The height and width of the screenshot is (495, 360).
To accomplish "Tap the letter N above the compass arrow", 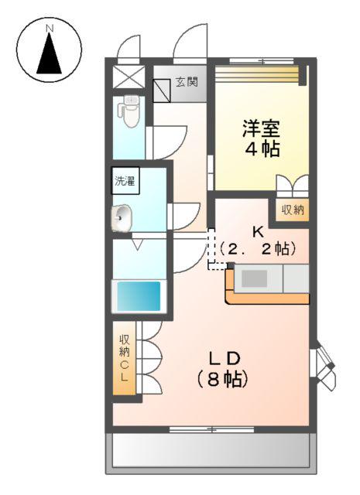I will point(50,29).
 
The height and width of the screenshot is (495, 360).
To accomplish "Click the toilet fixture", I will point(130,113).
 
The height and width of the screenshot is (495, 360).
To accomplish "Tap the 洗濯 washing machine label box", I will point(125,183).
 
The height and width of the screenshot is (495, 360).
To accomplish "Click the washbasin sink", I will point(124,220).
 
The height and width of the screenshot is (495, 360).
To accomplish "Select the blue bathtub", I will point(138,295).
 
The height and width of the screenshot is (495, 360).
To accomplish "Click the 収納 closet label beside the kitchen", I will point(293,210).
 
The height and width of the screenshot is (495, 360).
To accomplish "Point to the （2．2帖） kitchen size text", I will point(257,249).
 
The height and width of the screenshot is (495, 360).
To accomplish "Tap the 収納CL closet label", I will point(124,357).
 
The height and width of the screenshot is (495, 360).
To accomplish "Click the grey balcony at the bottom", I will point(211,452).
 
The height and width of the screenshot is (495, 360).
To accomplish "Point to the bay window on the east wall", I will point(324,364).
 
